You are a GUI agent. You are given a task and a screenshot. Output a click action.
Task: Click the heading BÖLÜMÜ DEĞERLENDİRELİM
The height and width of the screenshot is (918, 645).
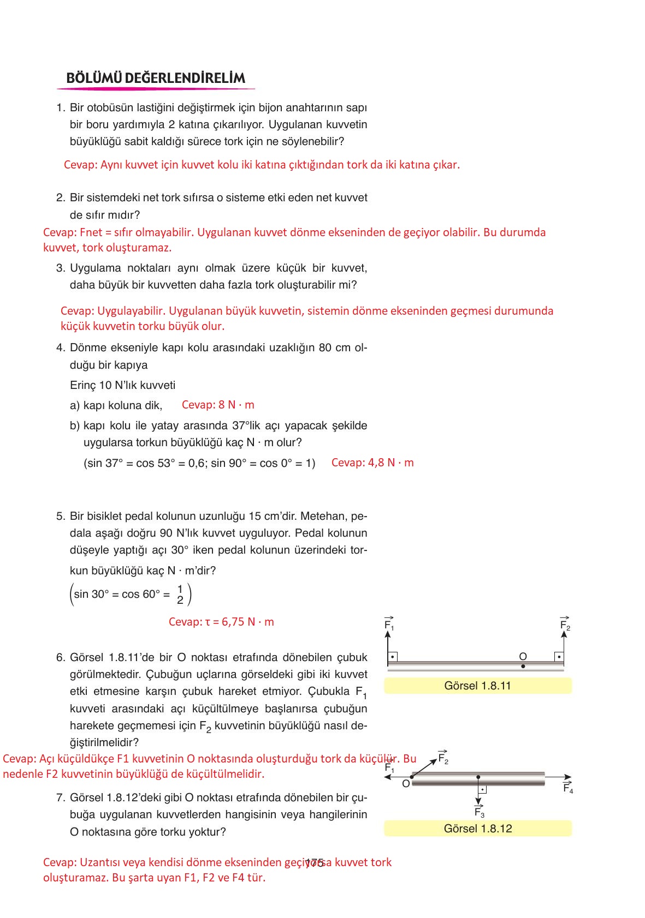(156, 78)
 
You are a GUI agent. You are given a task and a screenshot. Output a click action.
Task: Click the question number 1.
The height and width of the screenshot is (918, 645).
(60, 108)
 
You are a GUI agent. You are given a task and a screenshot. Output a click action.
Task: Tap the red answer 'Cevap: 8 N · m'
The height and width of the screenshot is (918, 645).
(218, 405)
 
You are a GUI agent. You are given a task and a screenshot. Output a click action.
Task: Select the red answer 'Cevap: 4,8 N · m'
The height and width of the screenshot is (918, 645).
(372, 463)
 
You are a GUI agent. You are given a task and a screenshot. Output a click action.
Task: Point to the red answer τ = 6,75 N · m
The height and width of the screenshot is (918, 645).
(221, 622)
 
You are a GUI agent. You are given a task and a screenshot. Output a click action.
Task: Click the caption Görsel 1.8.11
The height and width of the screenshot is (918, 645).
(477, 686)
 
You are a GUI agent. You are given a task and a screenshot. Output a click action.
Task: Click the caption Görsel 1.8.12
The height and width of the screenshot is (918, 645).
(477, 829)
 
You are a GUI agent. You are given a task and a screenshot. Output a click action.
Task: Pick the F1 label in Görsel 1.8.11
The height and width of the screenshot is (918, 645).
(389, 624)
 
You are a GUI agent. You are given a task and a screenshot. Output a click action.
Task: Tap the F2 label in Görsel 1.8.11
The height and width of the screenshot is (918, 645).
(565, 624)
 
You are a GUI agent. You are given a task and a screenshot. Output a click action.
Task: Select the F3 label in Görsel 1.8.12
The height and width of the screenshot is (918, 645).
(479, 812)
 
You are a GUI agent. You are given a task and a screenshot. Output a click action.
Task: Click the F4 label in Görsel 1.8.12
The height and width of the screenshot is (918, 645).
(568, 788)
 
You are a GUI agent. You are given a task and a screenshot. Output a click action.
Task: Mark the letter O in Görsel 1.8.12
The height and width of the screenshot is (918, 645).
(406, 784)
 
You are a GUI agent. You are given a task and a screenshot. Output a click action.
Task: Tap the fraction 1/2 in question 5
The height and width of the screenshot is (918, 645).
(180, 595)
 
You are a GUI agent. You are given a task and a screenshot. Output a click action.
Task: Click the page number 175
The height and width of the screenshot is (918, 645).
(315, 863)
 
